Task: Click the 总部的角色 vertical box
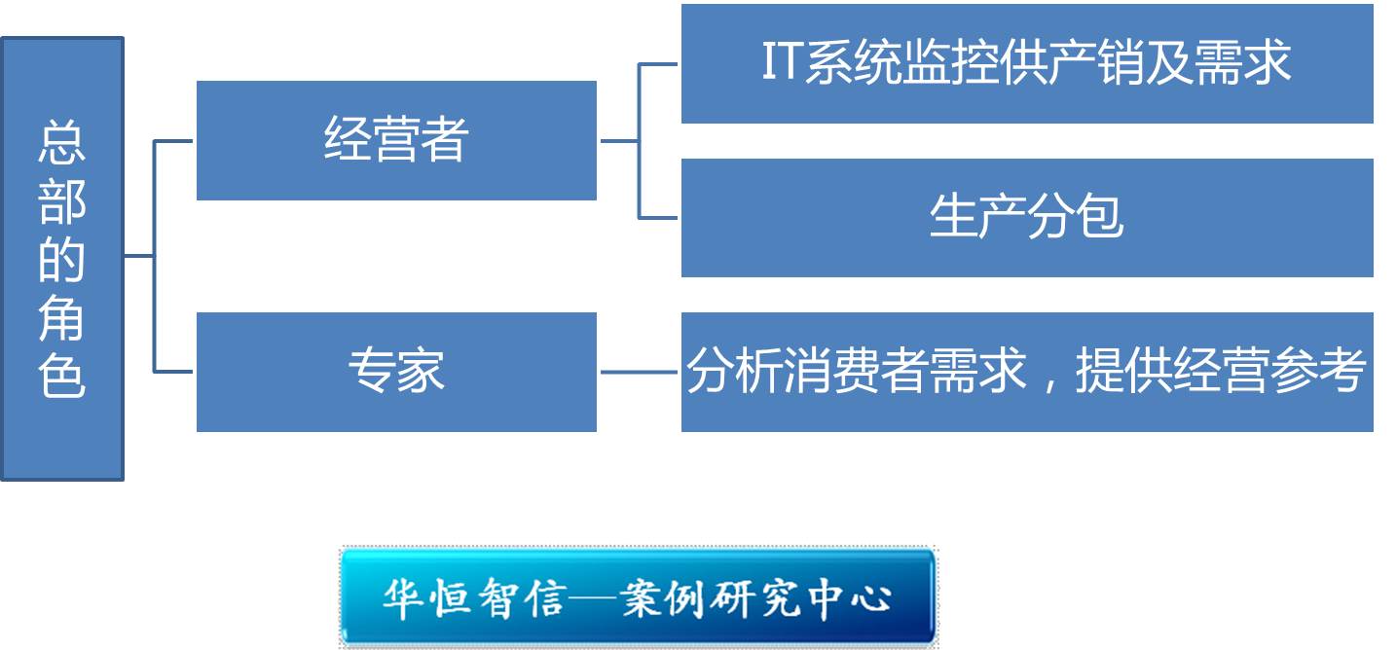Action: pos(62,259)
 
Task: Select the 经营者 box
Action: pos(396,140)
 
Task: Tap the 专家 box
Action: pos(396,372)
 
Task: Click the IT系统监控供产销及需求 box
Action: pos(1027,63)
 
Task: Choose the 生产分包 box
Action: pos(1027,218)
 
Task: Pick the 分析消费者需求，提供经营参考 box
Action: pos(1027,372)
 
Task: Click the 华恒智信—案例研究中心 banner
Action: pos(638,596)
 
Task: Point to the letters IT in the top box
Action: pos(783,61)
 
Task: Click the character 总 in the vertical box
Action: pos(61,142)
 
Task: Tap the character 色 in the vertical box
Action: pos(61,375)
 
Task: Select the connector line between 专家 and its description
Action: pos(639,372)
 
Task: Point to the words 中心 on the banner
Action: pos(850,598)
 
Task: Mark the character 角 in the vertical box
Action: pos(61,317)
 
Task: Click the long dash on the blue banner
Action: pos(593,599)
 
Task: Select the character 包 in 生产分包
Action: pos(1100,216)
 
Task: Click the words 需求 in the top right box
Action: pos(1242,61)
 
